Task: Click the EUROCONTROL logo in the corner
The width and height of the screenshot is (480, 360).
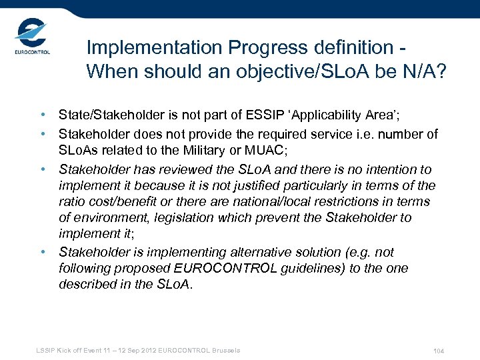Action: click(32, 39)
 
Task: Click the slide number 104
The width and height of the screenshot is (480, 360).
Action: click(438, 351)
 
